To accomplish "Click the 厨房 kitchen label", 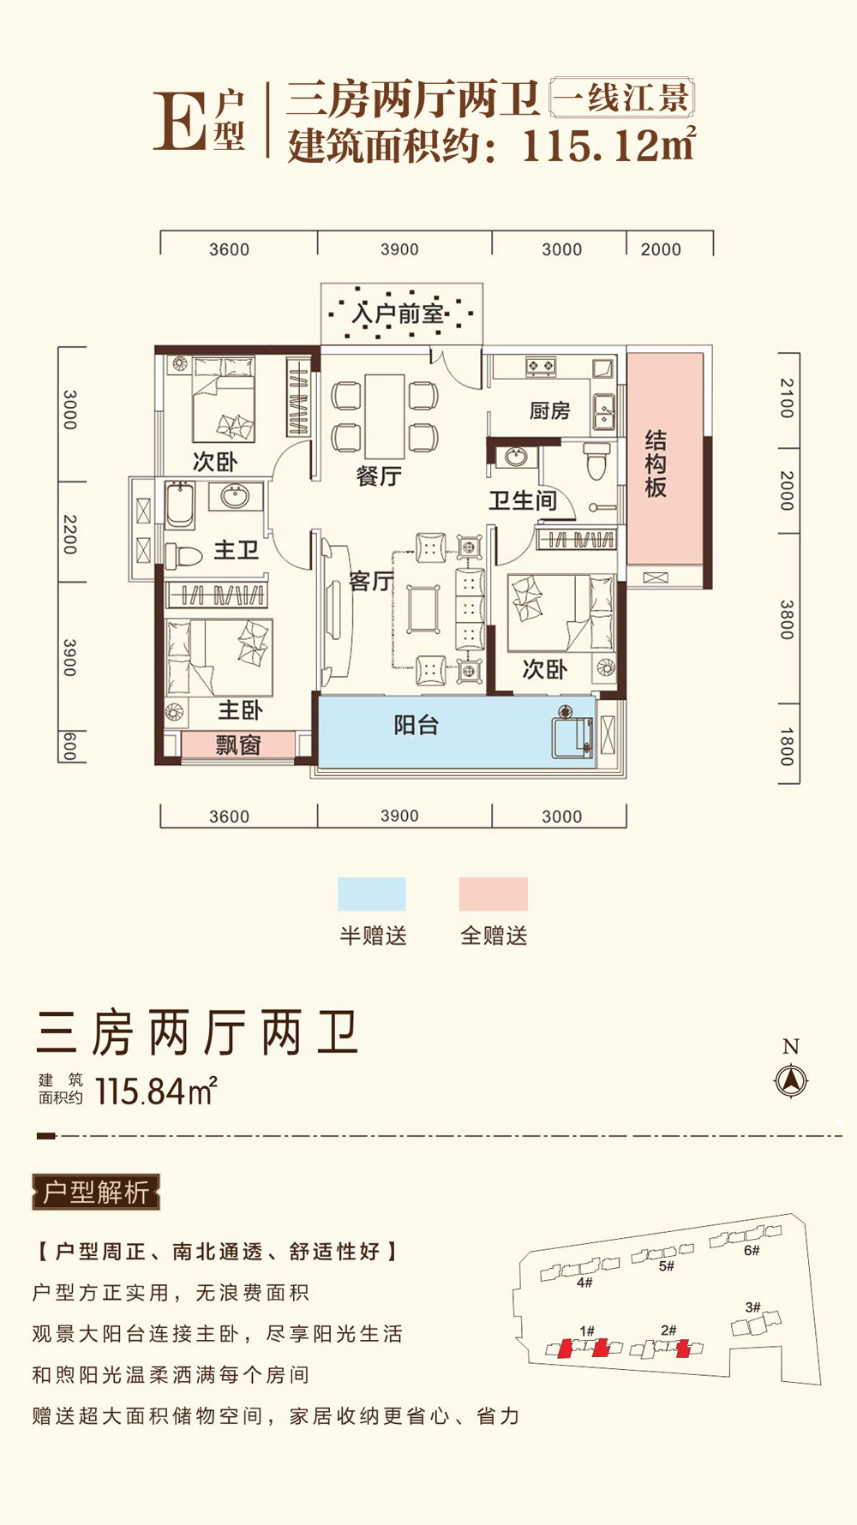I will [x=549, y=411].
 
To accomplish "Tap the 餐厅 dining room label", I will [x=378, y=476].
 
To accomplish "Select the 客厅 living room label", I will [x=370, y=582].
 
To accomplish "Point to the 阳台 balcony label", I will [x=417, y=726].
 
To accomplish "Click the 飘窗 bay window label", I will [x=237, y=745].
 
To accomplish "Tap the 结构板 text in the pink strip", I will [x=656, y=464].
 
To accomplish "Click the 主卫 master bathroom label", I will [x=236, y=550].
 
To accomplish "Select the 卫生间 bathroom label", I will [x=523, y=500].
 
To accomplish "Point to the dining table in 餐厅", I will [x=385, y=416].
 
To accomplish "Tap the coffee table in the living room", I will [x=423, y=609].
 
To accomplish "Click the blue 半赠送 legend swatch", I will [x=371, y=894].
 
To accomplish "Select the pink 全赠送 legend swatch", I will [x=493, y=894].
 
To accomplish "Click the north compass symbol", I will [x=790, y=1080].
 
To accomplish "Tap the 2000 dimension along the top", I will [x=661, y=249].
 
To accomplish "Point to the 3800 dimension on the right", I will [x=787, y=619].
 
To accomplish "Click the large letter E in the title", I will [x=178, y=122].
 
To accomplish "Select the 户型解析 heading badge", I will [x=96, y=1192].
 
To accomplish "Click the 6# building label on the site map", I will [x=752, y=1251].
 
